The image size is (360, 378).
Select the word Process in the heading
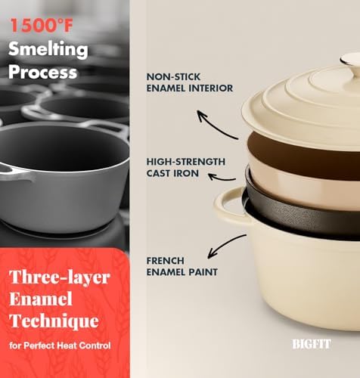(x=43, y=72)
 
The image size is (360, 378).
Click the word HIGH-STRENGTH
(x=185, y=162)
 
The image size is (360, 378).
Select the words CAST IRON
(x=173, y=173)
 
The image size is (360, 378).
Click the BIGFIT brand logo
(x=311, y=343)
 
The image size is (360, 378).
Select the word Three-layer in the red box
(x=60, y=277)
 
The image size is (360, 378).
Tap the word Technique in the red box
(x=54, y=321)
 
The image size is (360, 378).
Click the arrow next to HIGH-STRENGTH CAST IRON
(x=222, y=176)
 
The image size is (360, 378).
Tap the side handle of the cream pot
(x=228, y=208)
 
